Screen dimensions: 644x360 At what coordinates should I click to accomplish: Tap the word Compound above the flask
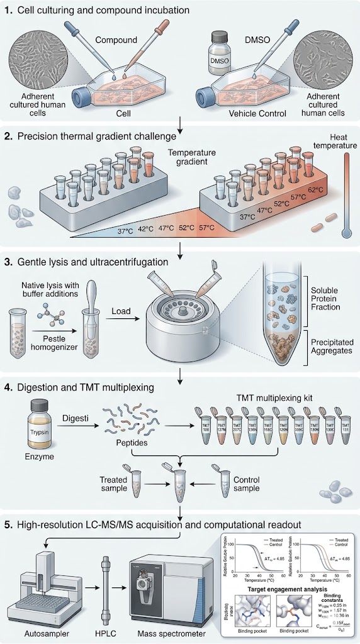point(116,40)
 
